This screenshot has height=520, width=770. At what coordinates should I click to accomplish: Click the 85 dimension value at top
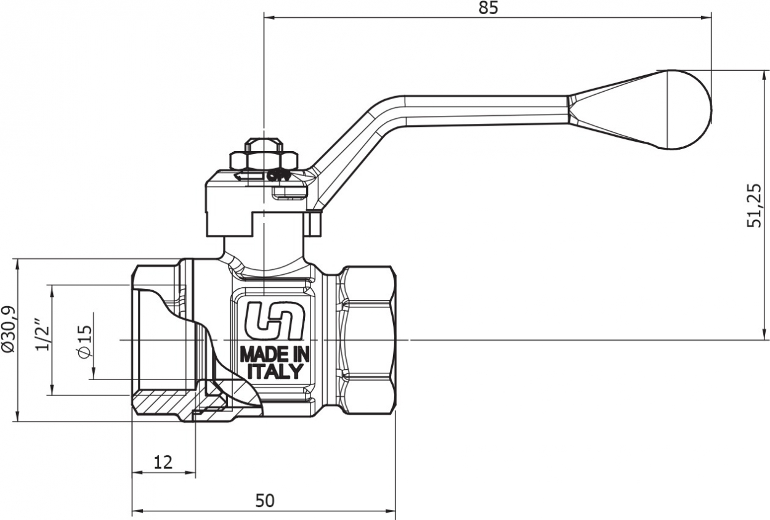488,7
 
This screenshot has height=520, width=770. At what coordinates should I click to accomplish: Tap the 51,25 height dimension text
754,205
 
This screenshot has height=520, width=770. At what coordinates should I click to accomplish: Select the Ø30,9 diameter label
9,329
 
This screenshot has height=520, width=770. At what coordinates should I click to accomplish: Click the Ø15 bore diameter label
85,341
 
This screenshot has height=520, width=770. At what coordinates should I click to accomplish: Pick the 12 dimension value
163,463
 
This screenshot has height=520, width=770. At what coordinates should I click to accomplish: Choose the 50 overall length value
265,501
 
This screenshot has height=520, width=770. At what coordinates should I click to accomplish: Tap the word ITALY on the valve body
275,372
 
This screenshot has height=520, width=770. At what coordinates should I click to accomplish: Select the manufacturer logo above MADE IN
275,320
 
